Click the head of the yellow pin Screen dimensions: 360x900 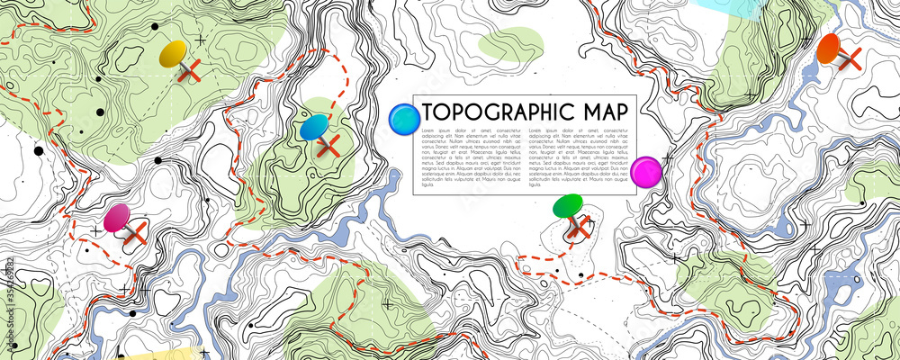[173, 54]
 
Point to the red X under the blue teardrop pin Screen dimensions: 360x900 [328, 145]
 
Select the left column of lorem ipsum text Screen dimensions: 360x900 [470, 158]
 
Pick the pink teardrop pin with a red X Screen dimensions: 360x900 [117, 218]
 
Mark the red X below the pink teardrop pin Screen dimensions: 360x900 [135, 235]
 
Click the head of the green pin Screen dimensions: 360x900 [568, 207]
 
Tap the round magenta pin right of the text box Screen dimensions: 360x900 [646, 171]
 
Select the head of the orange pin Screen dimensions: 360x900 [829, 48]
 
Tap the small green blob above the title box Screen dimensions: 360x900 [510, 43]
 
